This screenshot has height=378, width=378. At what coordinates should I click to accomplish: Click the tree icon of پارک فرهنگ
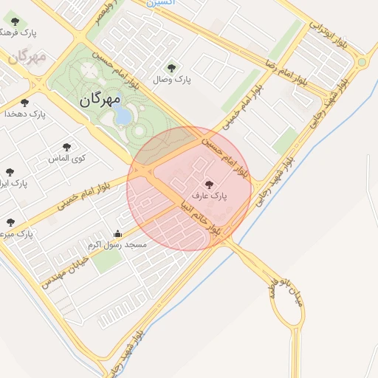click(15, 22)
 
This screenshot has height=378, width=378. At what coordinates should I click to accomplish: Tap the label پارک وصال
click(172, 79)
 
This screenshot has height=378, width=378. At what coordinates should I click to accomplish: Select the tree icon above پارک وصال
click(173, 68)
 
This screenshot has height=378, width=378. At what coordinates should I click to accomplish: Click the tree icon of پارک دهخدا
click(25, 103)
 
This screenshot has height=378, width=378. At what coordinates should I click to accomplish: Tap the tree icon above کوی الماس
click(68, 147)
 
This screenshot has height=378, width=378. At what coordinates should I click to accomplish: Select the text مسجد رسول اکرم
click(117, 244)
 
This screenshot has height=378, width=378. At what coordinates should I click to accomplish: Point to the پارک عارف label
click(209, 197)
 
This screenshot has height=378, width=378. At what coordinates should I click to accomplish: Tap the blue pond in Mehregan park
click(124, 116)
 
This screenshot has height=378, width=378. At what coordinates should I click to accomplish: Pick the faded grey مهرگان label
click(27, 56)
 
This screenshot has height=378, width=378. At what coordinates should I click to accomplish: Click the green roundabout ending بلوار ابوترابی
click(361, 63)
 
